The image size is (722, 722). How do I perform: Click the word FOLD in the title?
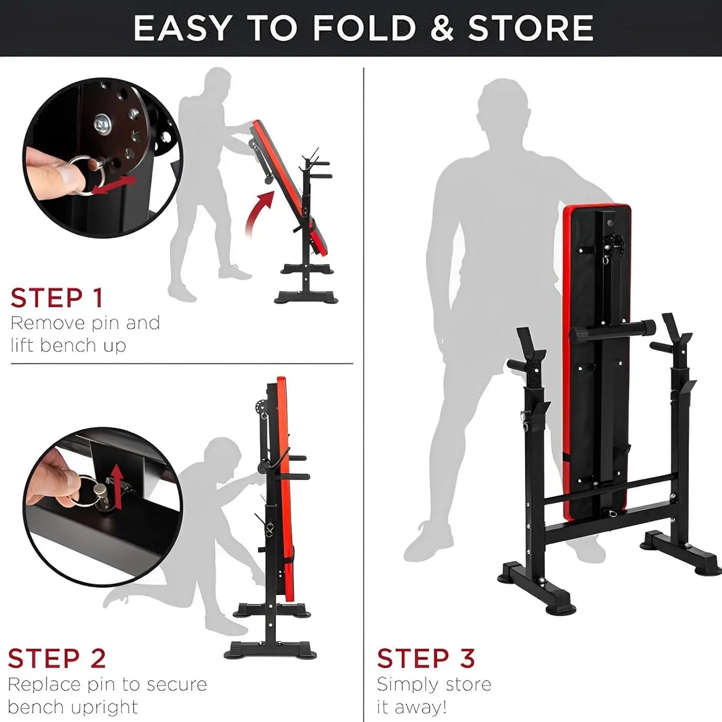click(x=364, y=28)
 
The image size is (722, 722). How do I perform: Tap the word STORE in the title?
click(x=530, y=28)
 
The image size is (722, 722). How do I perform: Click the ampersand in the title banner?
click(x=442, y=28)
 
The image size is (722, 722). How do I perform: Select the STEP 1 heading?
click(x=56, y=298)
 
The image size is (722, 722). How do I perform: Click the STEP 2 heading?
click(x=56, y=658)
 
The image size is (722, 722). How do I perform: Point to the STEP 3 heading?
click(x=426, y=658)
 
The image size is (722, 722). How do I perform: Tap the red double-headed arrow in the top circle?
click(x=114, y=185)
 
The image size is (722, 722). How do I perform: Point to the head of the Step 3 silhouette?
click(x=502, y=107)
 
